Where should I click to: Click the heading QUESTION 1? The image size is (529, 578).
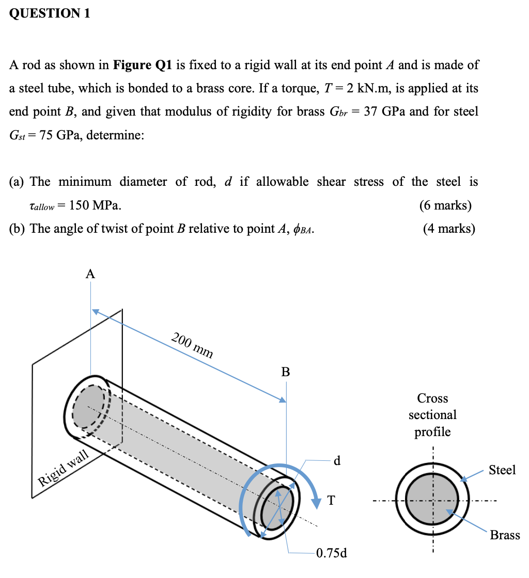[x=50, y=14]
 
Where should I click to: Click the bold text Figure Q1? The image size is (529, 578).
[x=143, y=66]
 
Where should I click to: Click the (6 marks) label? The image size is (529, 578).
[x=445, y=205]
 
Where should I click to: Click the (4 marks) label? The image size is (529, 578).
[x=448, y=229]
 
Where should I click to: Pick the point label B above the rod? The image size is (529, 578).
[x=286, y=372]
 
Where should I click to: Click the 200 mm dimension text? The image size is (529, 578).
[x=192, y=346]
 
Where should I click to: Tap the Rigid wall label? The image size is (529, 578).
[x=65, y=468]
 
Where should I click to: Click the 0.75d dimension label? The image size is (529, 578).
[x=332, y=554]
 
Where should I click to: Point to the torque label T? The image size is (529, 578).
[x=331, y=500]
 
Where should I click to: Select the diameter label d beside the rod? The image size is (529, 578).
[x=337, y=461]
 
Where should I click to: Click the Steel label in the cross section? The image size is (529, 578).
[x=502, y=470]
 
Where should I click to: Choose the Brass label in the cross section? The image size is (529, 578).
[x=504, y=535]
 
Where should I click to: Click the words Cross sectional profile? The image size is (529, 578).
[x=432, y=415]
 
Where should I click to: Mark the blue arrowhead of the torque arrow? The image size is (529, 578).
[x=316, y=501]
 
